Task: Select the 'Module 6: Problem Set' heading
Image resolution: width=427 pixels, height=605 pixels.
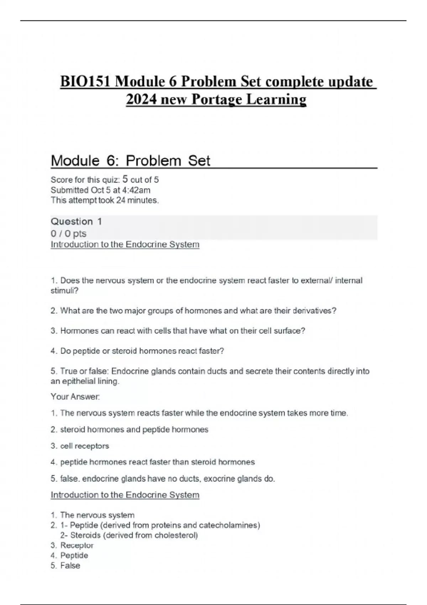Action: (131, 161)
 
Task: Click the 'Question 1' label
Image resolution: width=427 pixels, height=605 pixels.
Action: (76, 221)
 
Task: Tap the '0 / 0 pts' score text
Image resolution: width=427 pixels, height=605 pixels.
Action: (68, 233)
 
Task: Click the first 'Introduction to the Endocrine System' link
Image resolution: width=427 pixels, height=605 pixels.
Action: (125, 244)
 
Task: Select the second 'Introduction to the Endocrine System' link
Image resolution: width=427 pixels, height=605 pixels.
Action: (125, 495)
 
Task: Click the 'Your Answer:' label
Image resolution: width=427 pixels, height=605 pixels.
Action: (75, 396)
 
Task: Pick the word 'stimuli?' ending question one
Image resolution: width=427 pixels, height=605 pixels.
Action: (64, 291)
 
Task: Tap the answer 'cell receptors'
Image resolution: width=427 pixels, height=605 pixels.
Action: (85, 446)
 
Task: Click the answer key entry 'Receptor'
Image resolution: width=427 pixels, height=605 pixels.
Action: (77, 545)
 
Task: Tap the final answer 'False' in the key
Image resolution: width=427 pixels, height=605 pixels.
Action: (70, 565)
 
